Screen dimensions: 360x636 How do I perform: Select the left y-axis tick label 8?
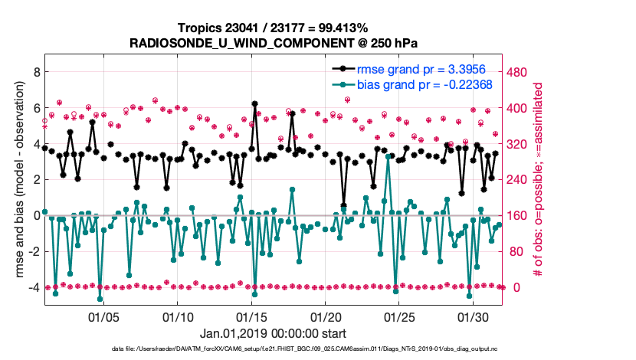coord(36,72)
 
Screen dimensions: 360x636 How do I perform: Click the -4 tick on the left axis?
coord(34,287)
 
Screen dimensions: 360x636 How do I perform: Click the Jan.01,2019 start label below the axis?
coord(273,333)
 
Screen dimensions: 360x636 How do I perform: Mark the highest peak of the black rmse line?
coord(254,103)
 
